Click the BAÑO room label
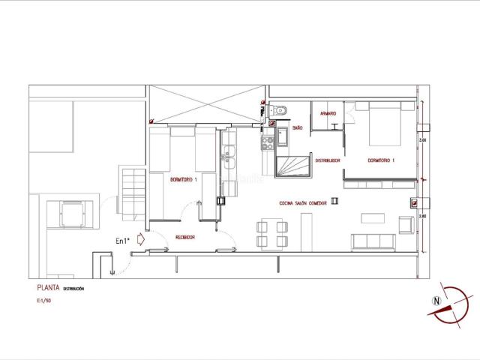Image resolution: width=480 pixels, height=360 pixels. coord(297,128)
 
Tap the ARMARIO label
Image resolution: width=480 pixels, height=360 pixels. coord(328,113)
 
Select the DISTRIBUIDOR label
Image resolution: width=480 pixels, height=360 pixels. coord(328,160)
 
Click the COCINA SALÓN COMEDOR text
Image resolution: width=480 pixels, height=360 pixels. coord(303,202)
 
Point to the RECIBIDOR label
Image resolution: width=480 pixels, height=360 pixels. coord(185,237)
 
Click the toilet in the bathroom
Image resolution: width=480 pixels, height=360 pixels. coord(280,111)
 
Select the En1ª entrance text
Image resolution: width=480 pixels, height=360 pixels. coord(122,241)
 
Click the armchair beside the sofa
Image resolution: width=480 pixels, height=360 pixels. coord(405,225)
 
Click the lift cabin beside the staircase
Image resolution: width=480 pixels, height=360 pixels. coord(72,213)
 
